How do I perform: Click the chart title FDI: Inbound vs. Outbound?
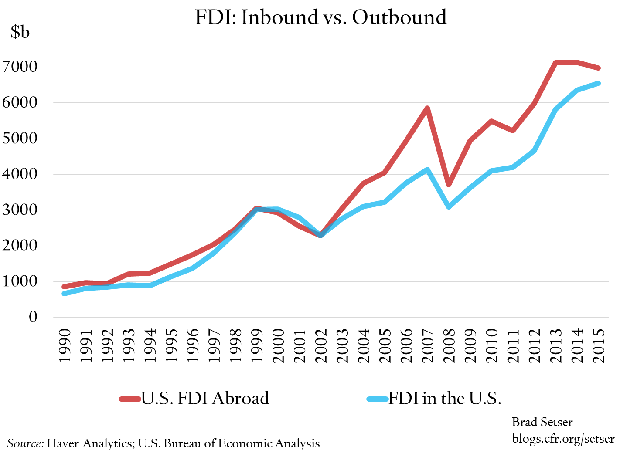point(321,17)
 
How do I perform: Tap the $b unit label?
point(20,32)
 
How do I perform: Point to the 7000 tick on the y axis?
point(20,67)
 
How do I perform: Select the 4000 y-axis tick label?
point(20,174)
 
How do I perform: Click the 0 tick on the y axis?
point(33,317)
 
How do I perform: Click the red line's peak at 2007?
point(427,108)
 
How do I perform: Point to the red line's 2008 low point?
point(449,185)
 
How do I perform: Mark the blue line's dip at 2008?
point(449,206)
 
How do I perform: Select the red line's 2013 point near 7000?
point(556,63)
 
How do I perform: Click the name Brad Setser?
point(542,422)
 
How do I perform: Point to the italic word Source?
point(25,443)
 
